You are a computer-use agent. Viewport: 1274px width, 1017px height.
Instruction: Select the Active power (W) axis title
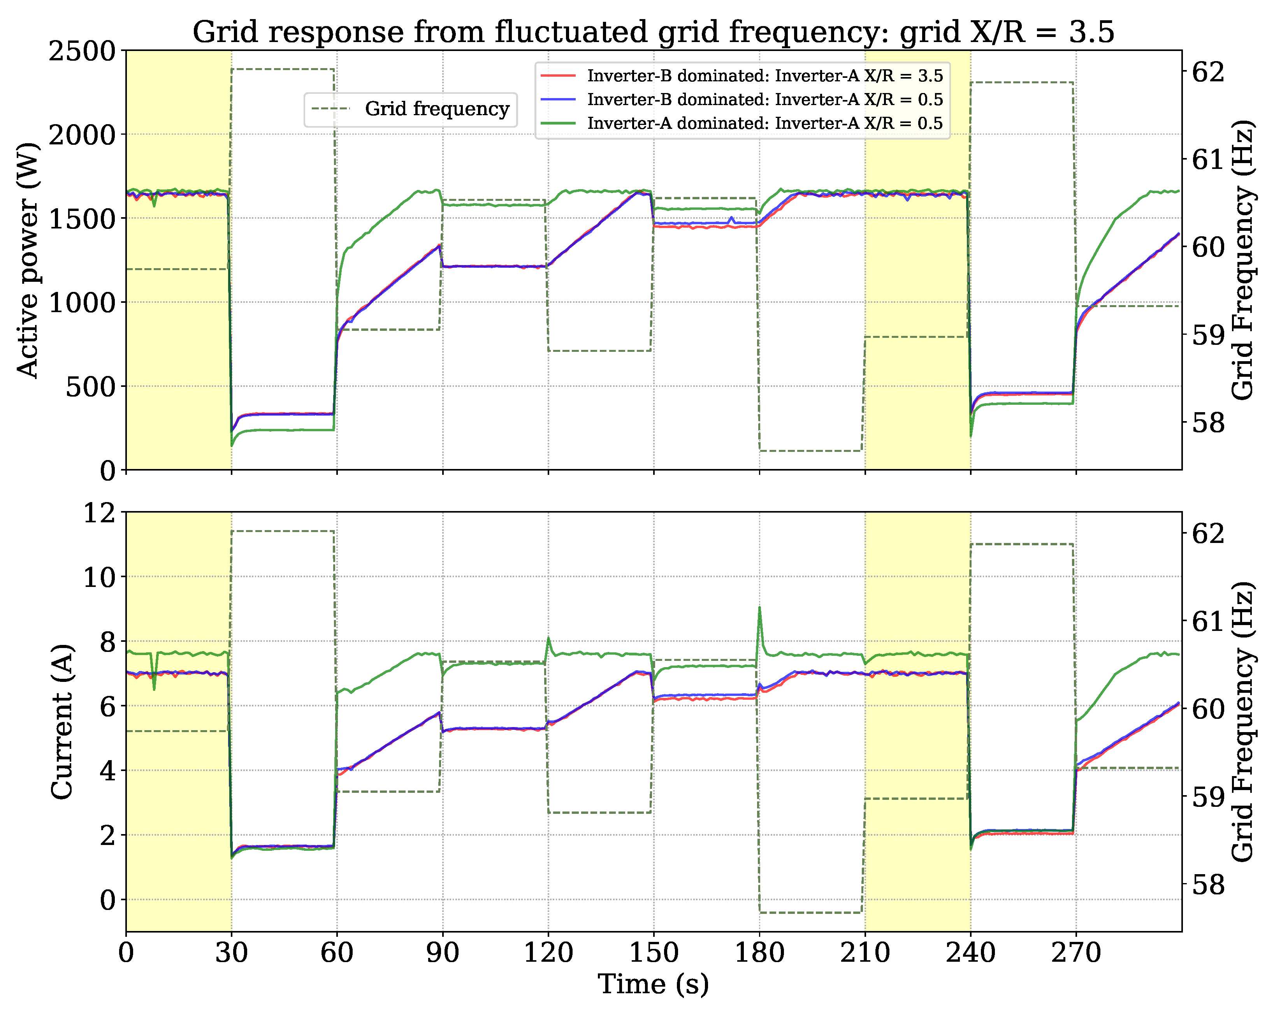[x=27, y=260]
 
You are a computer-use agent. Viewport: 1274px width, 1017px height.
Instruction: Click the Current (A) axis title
[x=62, y=722]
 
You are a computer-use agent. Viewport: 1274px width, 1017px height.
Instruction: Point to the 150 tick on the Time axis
[x=654, y=953]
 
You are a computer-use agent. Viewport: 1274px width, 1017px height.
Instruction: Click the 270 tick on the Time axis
[x=1075, y=953]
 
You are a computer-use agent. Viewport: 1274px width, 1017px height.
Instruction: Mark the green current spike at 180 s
[x=759, y=609]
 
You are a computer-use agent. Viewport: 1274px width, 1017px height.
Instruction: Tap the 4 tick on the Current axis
[x=106, y=771]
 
